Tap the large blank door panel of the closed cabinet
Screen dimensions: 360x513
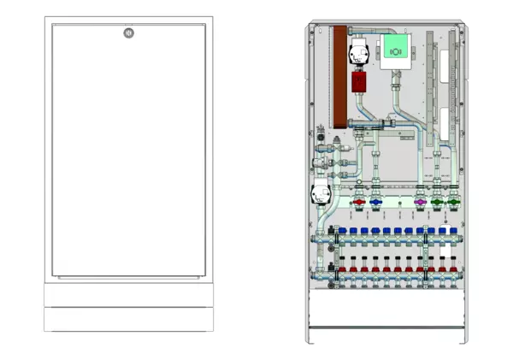128,154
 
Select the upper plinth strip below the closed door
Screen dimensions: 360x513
128,295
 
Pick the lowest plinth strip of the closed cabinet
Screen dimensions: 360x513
128,320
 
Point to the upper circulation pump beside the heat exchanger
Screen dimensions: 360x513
357,53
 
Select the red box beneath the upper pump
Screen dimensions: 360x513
359,82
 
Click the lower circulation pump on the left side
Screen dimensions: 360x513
321,195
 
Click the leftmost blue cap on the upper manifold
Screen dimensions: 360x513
343,231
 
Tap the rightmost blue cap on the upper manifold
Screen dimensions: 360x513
454,231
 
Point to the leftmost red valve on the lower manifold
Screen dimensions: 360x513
343,271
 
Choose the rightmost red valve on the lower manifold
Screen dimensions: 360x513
453,271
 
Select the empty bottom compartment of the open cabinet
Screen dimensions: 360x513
389,316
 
